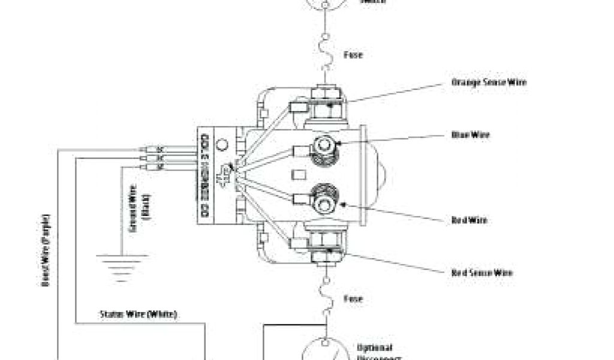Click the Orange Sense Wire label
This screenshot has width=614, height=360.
[x=489, y=82]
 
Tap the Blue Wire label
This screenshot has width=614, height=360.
[x=470, y=135]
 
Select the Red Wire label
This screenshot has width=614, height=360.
[x=469, y=220]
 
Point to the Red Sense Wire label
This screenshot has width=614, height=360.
[x=481, y=273]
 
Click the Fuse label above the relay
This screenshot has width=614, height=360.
[x=353, y=55]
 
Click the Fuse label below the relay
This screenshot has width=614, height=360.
[x=353, y=298]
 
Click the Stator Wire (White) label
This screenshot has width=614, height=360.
[x=138, y=314]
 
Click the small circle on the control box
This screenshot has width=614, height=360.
[x=221, y=145]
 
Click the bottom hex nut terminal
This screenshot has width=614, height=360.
[x=327, y=255]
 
